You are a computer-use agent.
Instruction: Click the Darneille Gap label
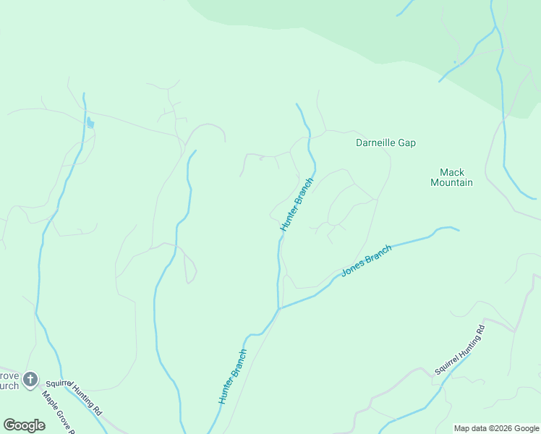point(385,143)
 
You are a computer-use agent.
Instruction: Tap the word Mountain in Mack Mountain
point(451,183)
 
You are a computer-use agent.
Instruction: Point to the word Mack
point(452,172)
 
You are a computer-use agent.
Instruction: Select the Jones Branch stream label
point(366,260)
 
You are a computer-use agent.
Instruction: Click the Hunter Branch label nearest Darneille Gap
point(297,204)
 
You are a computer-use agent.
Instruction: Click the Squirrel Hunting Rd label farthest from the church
point(460,350)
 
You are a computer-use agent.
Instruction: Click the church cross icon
point(30,379)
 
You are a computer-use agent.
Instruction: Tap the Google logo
point(24,425)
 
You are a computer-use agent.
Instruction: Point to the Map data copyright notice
point(495,428)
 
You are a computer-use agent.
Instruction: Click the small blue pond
point(90,123)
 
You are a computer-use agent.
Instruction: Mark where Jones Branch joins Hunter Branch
point(279,309)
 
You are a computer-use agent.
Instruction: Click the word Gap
point(406,143)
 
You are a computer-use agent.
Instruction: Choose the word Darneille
point(375,143)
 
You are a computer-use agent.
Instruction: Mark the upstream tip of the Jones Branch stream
point(458,231)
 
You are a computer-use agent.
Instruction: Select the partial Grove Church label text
point(9,380)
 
